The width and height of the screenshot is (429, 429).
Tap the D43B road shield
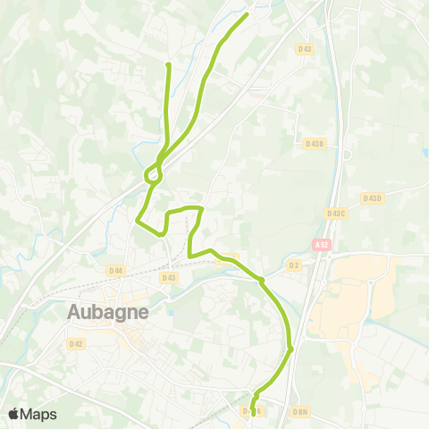point(314,143)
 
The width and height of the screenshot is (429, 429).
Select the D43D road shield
point(372,198)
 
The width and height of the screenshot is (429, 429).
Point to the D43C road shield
point(336,213)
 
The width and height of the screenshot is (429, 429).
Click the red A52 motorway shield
point(321,244)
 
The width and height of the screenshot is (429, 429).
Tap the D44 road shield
point(115,270)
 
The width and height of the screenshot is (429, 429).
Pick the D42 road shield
point(76,343)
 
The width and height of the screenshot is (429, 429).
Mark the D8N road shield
point(300,412)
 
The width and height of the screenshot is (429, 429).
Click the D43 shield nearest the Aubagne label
point(169,278)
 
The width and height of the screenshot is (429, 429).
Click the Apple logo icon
point(13,414)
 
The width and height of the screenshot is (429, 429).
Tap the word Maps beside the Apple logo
point(38,414)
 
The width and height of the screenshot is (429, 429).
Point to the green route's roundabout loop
point(153,176)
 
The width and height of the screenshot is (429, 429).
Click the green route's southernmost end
point(253,413)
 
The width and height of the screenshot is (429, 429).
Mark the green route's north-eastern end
point(247,13)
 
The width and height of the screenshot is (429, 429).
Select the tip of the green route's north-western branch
point(168,64)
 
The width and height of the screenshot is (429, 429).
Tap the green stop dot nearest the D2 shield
point(261,281)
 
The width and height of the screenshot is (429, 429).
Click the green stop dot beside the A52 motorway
point(291,349)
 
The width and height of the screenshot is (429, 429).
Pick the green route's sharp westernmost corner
point(137,219)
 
